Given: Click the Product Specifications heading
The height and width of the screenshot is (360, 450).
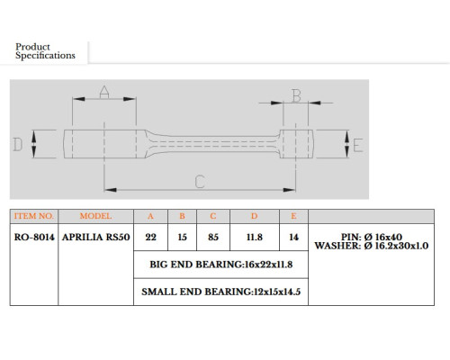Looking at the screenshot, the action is tap(45, 51).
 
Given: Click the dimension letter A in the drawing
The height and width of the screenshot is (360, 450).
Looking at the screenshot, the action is tap(104, 92).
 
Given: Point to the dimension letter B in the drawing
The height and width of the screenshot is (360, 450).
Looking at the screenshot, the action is tap(296, 96).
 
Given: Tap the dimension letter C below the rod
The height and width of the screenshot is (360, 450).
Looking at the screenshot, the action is tap(200, 182).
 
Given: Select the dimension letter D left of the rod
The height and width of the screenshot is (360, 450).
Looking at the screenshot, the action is tap(18, 144).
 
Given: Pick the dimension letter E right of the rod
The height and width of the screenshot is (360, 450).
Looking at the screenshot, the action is tap(358, 146).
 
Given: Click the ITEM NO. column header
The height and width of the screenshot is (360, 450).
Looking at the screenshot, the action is tap(34, 216).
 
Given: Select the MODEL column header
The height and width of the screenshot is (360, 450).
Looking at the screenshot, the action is tap(95, 216).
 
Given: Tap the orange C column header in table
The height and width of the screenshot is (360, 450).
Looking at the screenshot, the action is tap(213, 216).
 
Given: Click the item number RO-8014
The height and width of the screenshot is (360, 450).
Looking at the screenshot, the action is tap(34, 237).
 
